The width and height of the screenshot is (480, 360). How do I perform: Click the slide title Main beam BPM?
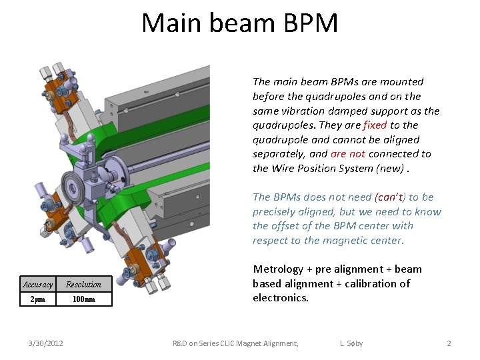click(239, 23)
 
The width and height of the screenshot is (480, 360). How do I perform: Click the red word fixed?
click(375, 125)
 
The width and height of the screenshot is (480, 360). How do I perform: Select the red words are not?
click(347, 154)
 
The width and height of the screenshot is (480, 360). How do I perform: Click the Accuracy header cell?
click(38, 285)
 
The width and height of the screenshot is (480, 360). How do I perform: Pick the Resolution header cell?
click(83, 285)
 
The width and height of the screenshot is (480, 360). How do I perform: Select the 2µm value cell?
click(38, 299)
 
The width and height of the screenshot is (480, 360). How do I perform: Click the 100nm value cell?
click(83, 299)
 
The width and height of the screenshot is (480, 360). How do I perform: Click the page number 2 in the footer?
click(449, 343)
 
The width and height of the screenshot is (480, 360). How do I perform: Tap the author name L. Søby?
click(351, 343)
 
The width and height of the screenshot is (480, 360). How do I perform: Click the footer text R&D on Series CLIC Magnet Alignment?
click(235, 343)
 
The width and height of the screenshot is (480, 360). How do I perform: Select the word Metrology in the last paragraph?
click(277, 269)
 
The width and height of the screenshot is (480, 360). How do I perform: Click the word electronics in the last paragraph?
click(280, 298)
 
